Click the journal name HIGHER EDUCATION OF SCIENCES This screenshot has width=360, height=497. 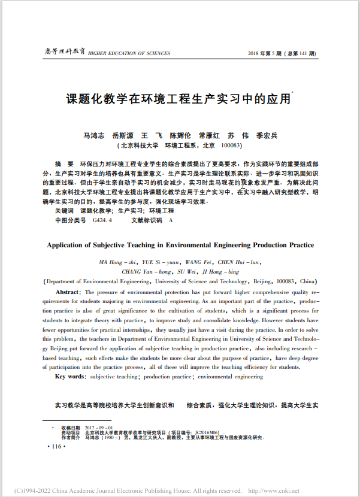coord(129,53)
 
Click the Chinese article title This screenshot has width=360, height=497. coord(178,99)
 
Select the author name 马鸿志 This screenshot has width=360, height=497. coord(93,135)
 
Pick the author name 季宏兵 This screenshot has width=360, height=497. coord(267,135)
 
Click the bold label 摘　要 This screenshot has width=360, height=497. coord(63,163)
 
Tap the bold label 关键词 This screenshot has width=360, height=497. coord(64,211)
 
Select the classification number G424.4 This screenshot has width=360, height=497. coord(102,220)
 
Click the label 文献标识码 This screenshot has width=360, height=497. coord(147,220)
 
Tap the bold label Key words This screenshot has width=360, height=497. coord(69,376)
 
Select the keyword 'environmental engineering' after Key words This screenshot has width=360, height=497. coord(231,377)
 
